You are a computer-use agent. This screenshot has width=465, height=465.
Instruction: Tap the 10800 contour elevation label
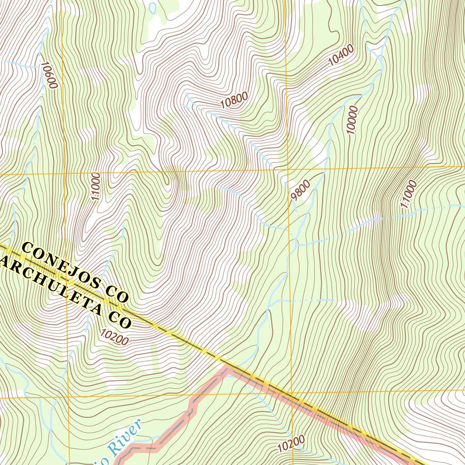point(234,99)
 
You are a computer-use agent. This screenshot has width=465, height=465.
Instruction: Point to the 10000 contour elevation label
point(352,120)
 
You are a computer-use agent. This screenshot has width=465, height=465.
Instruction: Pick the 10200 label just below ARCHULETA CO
point(114,337)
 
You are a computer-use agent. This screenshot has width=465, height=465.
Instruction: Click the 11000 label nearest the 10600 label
point(95,187)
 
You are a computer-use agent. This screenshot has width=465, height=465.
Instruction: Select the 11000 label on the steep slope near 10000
point(408,194)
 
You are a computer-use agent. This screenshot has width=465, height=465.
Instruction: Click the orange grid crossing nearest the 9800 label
point(287,170)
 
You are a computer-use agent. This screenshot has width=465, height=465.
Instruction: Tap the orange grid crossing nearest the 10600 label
point(63,174)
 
